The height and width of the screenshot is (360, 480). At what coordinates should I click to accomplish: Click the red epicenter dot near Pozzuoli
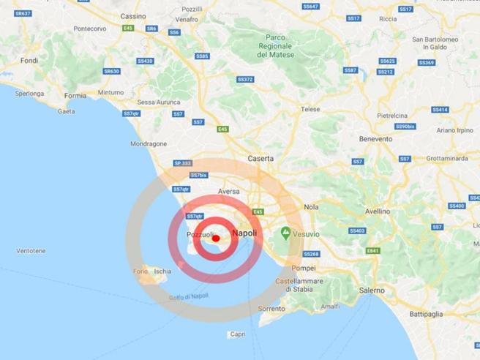(215, 239)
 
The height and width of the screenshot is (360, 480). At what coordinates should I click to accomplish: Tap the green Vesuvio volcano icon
(285, 233)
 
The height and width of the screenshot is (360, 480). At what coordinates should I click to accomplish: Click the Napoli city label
(244, 233)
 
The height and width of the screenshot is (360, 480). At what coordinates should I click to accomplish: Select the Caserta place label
(261, 158)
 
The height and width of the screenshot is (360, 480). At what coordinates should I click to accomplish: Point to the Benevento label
(376, 138)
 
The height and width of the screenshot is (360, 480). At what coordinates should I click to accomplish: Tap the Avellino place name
(378, 211)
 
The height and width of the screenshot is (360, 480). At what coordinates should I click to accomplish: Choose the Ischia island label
(162, 271)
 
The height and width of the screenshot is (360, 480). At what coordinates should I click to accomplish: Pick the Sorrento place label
(271, 309)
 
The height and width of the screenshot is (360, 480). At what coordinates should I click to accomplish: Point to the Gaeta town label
(66, 111)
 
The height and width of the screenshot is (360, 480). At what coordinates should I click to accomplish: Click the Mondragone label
(149, 144)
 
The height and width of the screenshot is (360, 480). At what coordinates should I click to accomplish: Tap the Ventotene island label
(31, 251)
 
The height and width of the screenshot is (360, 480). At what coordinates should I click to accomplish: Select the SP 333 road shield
(182, 163)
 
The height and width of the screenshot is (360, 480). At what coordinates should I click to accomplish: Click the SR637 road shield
(23, 14)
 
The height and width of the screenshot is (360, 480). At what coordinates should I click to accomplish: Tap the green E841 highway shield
(373, 250)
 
